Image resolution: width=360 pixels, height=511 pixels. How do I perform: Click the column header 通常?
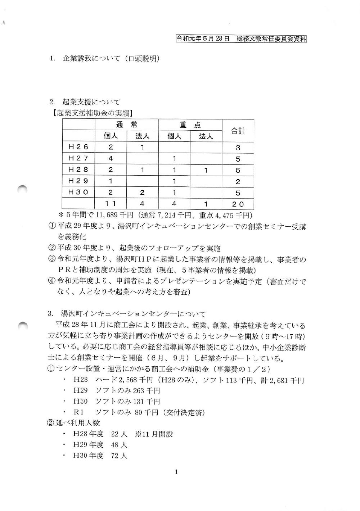(127, 125)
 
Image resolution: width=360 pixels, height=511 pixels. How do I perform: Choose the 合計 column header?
(238, 131)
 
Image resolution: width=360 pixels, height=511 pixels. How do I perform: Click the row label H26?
(78, 147)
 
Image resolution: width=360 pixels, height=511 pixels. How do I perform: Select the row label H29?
(78, 181)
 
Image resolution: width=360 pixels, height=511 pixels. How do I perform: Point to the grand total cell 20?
(238, 204)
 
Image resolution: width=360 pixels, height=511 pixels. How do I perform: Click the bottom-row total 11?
(111, 204)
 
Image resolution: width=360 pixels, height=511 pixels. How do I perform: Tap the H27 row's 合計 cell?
(238, 159)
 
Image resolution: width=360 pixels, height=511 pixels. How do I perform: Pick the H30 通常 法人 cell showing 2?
(143, 193)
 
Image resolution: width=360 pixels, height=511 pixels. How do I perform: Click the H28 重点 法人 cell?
(206, 170)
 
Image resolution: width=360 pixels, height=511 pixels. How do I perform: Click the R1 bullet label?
(78, 412)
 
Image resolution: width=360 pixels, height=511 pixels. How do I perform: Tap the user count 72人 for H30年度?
(119, 456)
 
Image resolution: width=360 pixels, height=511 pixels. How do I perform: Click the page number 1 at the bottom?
(176, 472)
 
